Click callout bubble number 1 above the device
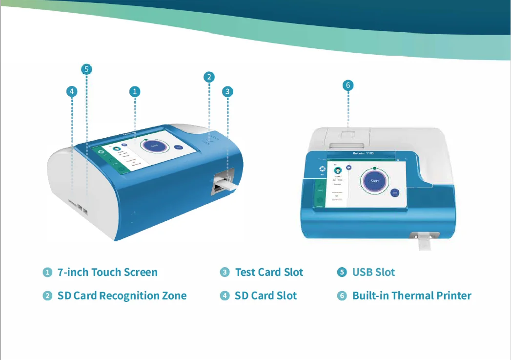coord(135,91)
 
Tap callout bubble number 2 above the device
coord(209,77)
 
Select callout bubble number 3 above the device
coord(227,91)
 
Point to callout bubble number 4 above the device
coord(72,91)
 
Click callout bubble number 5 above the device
coord(86,69)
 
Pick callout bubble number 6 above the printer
coord(348,85)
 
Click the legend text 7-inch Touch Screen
coord(107,273)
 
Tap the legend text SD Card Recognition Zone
coord(122,296)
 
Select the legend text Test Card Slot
coord(269,273)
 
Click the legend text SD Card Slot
coord(266,296)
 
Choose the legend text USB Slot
coord(373,273)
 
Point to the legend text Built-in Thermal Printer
coord(412,296)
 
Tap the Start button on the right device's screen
coord(374,181)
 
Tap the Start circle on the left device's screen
coord(154,145)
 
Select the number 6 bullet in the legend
coord(342,296)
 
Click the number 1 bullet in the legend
coord(47,273)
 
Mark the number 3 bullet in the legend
coord(225,273)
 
